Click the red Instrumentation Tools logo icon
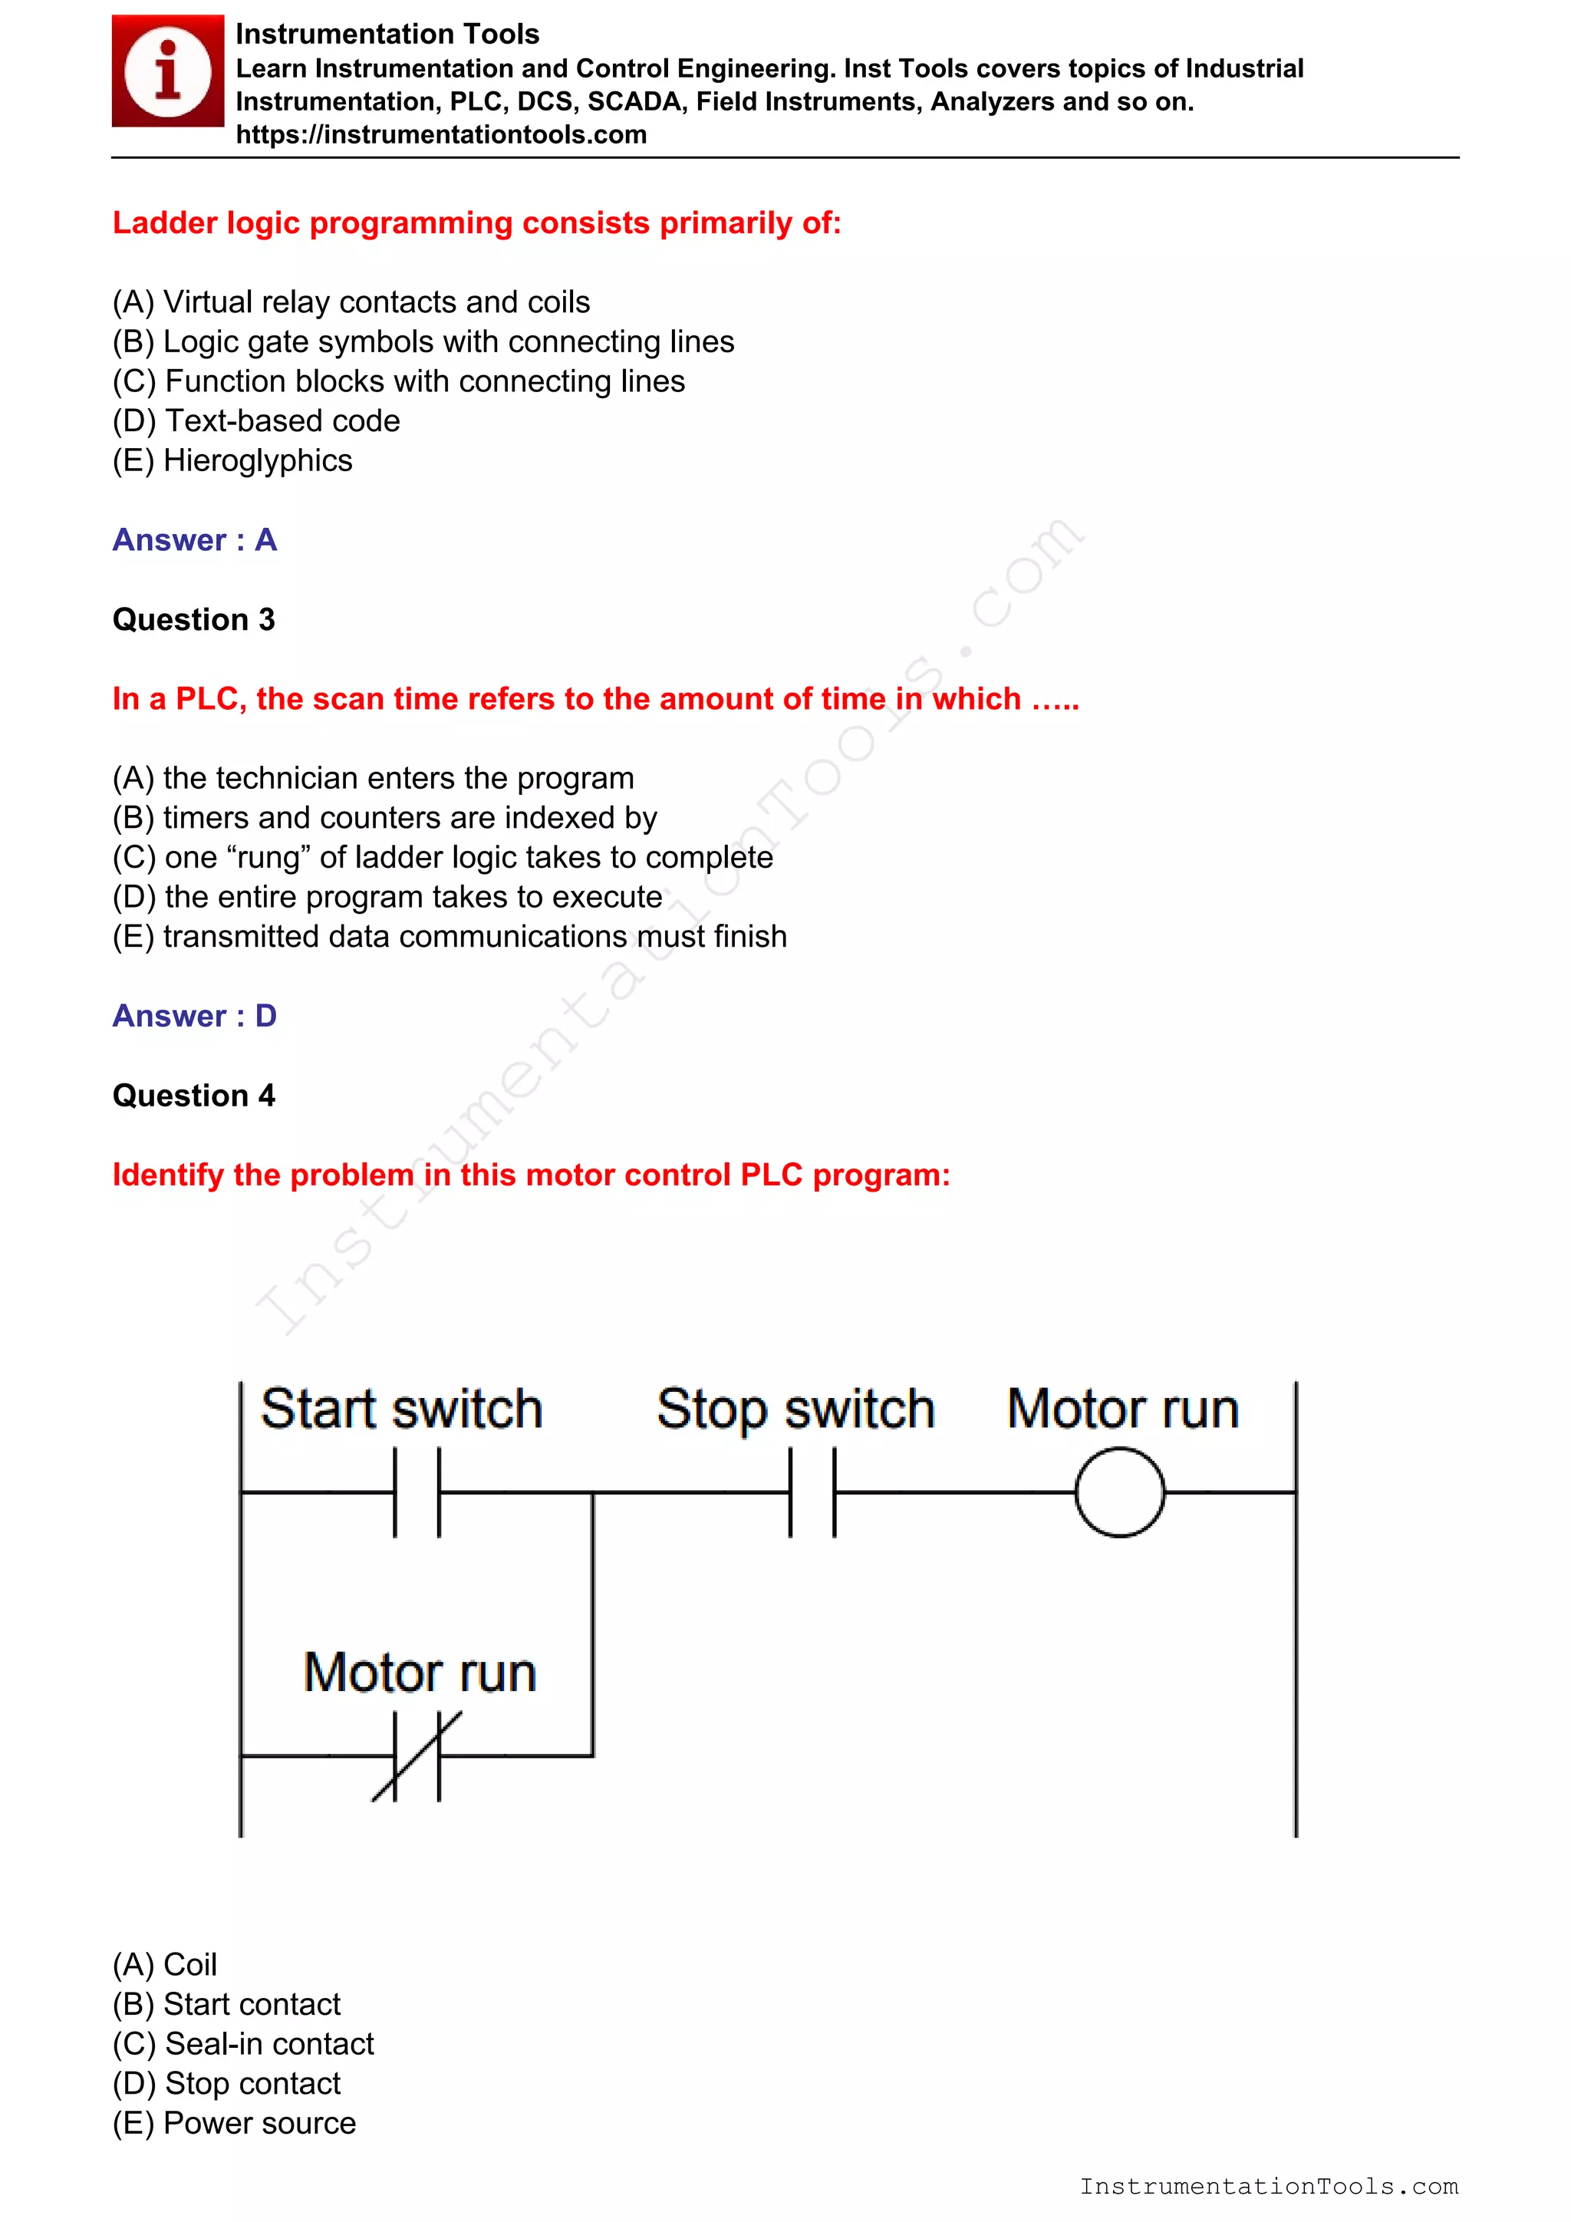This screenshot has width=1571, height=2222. click(x=167, y=71)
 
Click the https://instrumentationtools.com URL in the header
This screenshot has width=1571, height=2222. click(x=441, y=134)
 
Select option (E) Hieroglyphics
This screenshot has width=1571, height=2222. click(x=232, y=460)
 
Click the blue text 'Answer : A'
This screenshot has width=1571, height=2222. click(x=194, y=540)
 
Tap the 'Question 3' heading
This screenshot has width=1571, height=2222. click(x=193, y=619)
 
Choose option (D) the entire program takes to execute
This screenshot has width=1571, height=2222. click(x=387, y=897)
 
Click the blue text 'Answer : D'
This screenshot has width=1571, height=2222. click(x=194, y=1016)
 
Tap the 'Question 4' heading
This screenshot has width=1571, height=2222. click(x=193, y=1096)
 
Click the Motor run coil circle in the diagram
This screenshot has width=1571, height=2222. click(x=1119, y=1492)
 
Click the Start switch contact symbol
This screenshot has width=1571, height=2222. click(x=417, y=1492)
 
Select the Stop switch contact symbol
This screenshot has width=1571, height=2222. click(x=812, y=1492)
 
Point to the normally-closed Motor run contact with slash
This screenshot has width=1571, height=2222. click(x=417, y=1756)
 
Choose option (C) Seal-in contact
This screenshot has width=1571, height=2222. click(x=243, y=2044)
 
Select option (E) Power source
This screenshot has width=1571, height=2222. click(x=234, y=2123)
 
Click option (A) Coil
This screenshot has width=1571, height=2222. click(x=164, y=1964)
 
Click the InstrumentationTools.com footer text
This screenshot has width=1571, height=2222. click(x=1268, y=2186)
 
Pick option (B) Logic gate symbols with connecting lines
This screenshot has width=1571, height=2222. click(x=423, y=341)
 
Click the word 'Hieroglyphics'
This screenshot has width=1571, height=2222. click(x=257, y=460)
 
